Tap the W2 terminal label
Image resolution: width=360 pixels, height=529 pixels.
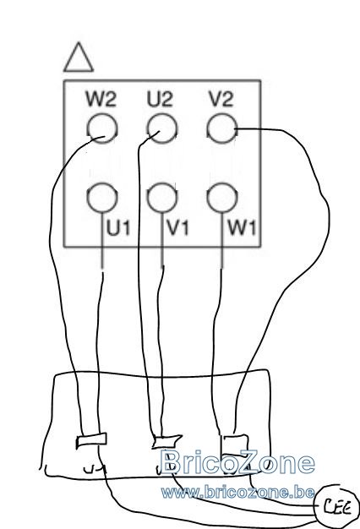click(x=101, y=99)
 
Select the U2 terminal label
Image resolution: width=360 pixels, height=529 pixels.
click(x=160, y=99)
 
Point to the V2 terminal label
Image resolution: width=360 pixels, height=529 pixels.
click(x=221, y=99)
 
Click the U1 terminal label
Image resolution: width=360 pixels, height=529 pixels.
click(x=118, y=228)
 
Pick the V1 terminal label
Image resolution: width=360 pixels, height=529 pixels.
click(x=178, y=228)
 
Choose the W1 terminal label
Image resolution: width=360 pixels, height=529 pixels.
click(x=242, y=228)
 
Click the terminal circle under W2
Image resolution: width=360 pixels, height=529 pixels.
click(x=102, y=128)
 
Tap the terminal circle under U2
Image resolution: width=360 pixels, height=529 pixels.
click(x=162, y=128)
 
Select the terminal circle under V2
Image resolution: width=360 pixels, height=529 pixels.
click(x=221, y=128)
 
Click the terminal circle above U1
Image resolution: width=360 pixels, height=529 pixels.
click(x=102, y=198)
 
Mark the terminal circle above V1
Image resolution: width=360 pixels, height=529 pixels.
click(x=162, y=198)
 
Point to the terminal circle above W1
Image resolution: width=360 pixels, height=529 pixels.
click(x=221, y=198)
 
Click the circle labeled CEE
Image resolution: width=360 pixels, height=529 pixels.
click(x=336, y=506)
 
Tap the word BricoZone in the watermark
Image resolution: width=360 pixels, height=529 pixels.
click(x=237, y=462)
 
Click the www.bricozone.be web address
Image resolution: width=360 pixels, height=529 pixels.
click(x=237, y=493)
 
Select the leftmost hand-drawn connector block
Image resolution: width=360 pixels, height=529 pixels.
click(x=91, y=440)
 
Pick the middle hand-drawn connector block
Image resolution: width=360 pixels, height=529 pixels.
click(x=166, y=441)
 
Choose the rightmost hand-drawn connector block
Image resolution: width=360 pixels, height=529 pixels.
click(x=234, y=444)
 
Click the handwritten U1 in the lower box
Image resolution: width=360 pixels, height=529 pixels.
click(x=95, y=469)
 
